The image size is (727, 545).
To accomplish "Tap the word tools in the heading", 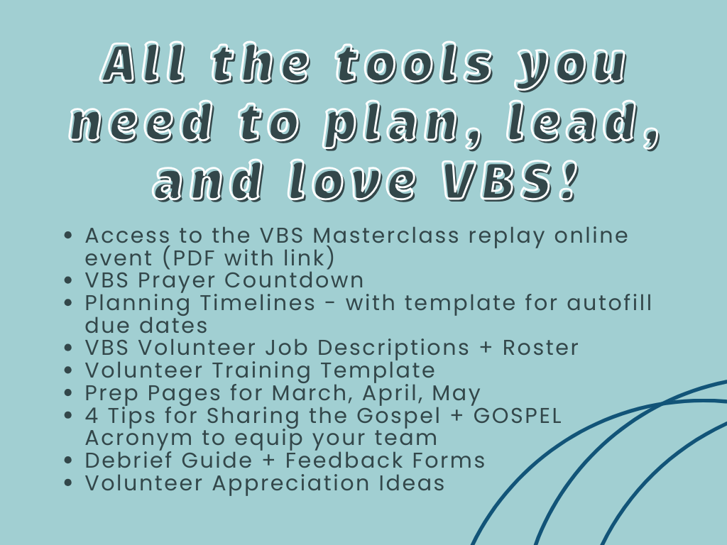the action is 415,63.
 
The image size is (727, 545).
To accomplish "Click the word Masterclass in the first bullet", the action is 386,236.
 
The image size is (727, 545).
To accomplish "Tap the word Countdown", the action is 294,280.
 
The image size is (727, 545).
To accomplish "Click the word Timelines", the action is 258,303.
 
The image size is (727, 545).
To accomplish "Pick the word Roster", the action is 540,348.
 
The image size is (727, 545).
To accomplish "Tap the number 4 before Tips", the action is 92,416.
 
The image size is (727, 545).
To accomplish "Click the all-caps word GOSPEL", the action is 517,416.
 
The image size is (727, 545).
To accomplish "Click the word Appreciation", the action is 291,483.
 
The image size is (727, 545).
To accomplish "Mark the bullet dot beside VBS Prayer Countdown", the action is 69,280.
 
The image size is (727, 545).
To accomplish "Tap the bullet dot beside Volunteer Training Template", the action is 69,370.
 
